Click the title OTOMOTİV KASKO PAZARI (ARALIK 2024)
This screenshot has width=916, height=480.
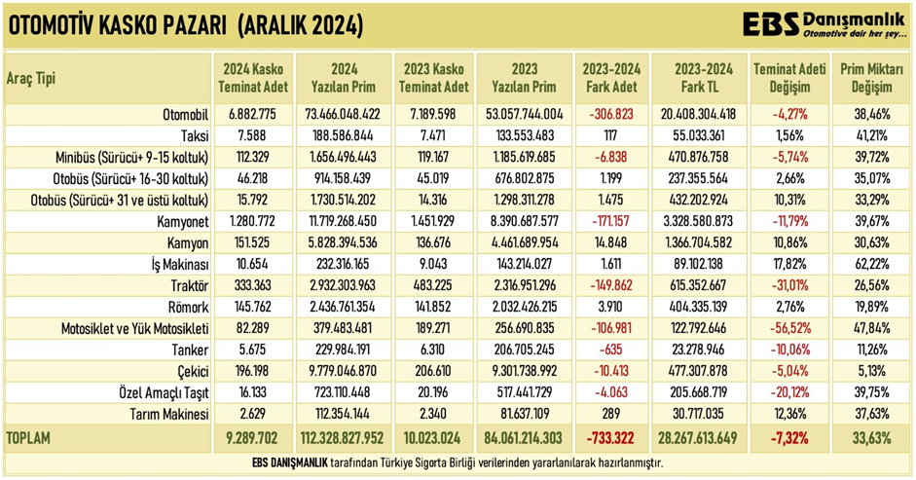point(185,26)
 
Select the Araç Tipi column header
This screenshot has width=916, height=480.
point(31,80)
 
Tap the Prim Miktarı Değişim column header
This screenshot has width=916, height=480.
point(871,79)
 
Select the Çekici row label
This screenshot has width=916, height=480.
point(191,371)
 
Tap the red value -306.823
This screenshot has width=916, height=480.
point(609,113)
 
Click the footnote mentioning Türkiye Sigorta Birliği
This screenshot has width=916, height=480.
point(458,462)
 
